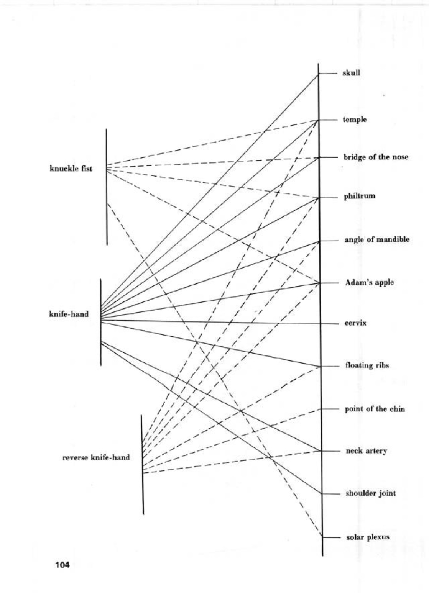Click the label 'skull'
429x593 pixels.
(351, 73)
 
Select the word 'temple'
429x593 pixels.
(355, 120)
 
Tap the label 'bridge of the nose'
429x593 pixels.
(376, 157)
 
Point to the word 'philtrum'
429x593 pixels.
(359, 197)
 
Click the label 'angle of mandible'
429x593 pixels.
(377, 240)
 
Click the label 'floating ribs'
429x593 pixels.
(367, 365)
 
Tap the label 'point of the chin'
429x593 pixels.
(375, 409)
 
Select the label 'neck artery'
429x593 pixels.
(366, 451)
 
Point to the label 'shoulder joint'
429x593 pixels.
(371, 493)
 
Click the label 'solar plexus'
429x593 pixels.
(368, 537)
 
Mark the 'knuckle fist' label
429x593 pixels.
(71, 169)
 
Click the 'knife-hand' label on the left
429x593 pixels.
(69, 314)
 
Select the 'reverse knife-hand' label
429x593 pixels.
(96, 457)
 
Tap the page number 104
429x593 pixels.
(62, 565)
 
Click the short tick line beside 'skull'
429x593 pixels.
(328, 73)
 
